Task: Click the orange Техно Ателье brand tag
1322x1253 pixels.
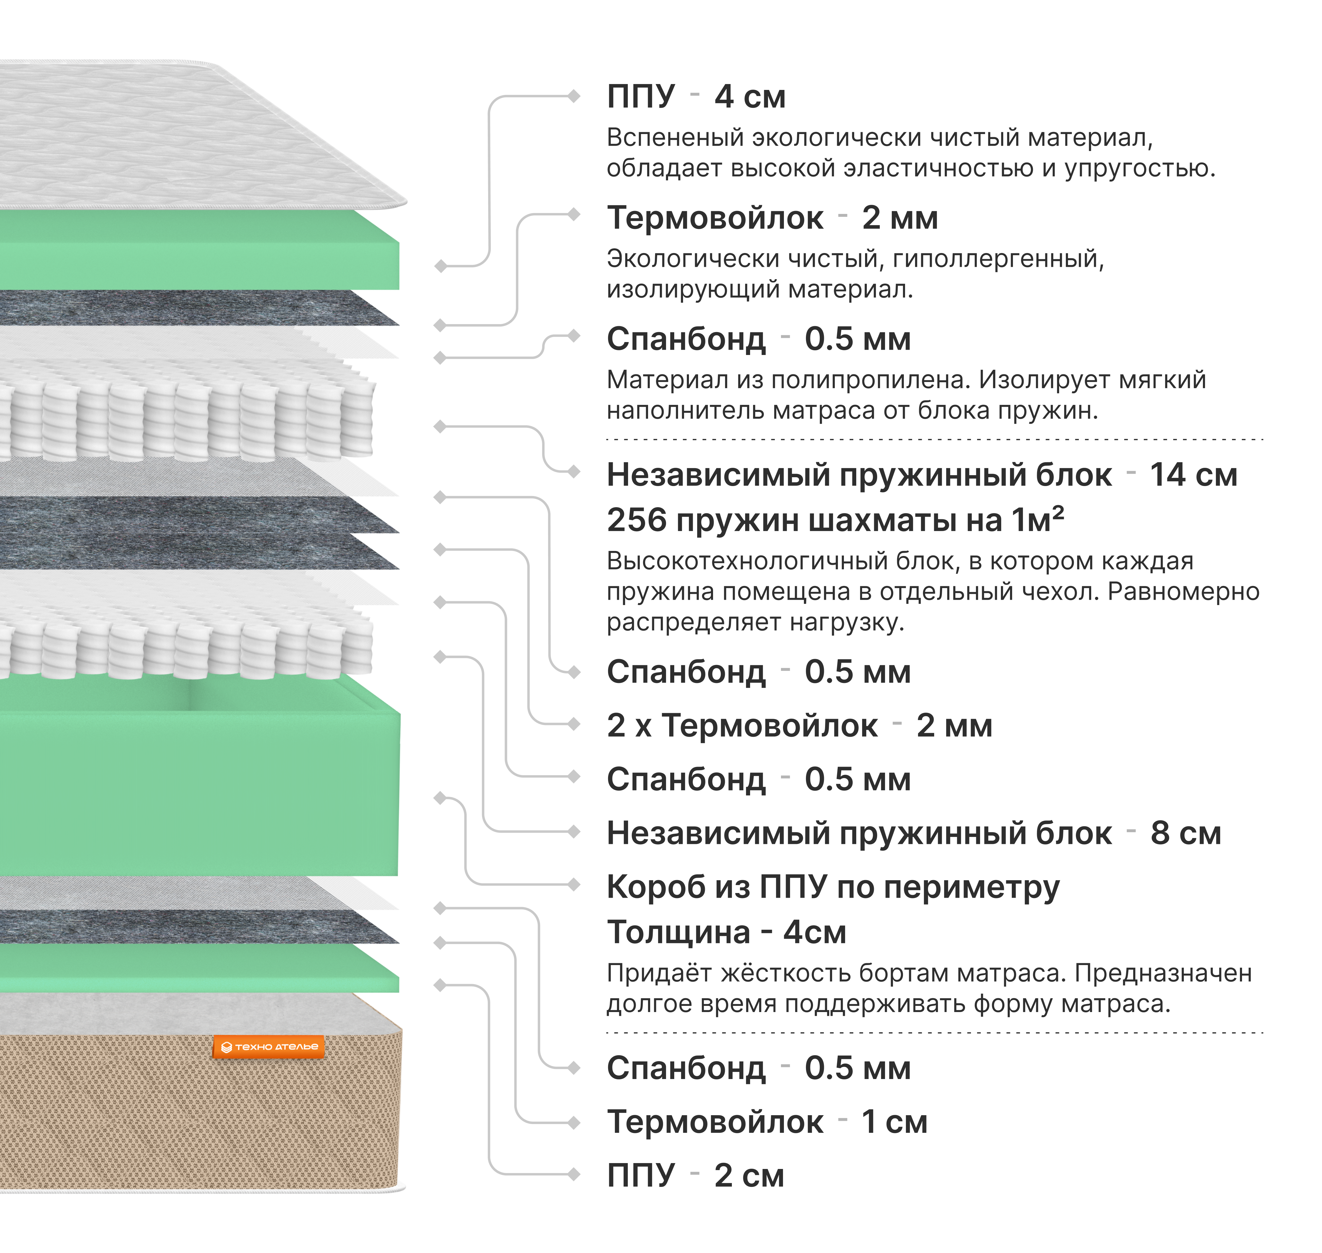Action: click(x=269, y=1047)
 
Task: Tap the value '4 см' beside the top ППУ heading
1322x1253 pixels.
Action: click(x=750, y=97)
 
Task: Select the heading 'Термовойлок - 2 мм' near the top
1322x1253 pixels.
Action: click(x=772, y=218)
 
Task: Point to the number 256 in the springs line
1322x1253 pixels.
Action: click(x=637, y=520)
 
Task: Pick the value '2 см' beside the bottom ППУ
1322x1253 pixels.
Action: click(x=749, y=1175)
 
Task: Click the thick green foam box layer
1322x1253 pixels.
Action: click(x=201, y=788)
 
